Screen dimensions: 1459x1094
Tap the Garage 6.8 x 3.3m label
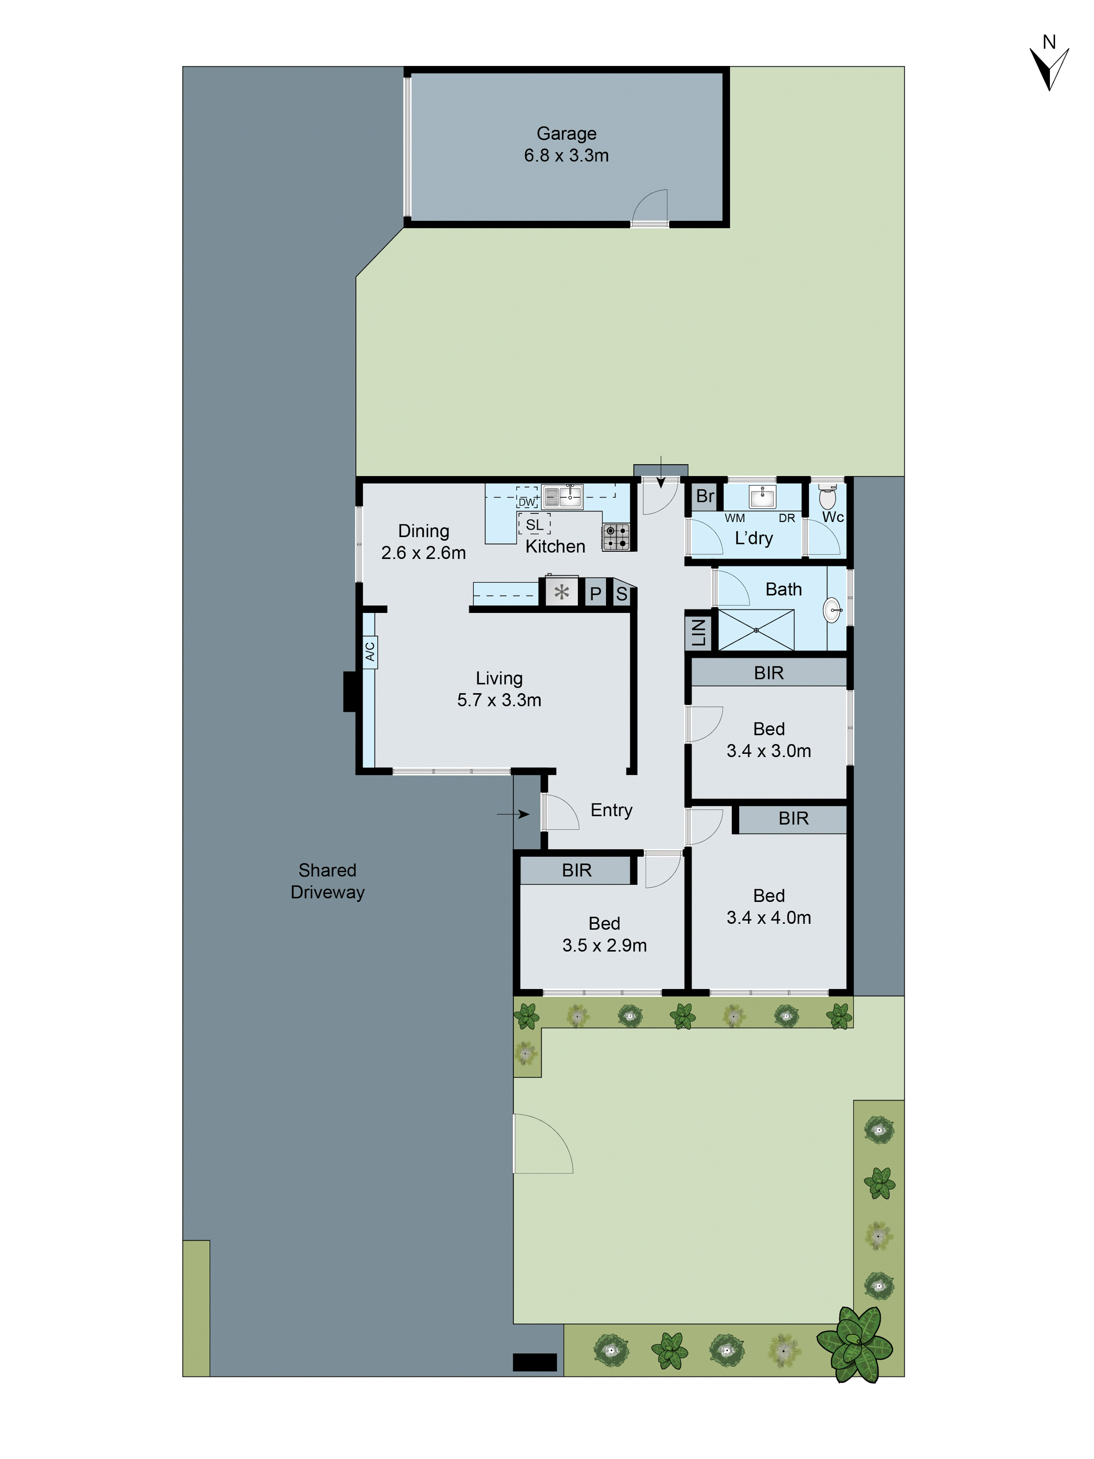[x=566, y=144]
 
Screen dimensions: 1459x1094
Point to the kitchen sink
[x=562, y=496]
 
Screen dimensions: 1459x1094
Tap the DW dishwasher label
[x=526, y=502]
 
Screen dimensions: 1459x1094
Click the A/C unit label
[x=369, y=651]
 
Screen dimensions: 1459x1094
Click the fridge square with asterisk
[x=561, y=592]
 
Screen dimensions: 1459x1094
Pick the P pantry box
[x=595, y=594]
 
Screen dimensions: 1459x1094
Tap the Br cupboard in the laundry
[x=704, y=496]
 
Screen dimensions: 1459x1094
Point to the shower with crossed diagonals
[x=756, y=630]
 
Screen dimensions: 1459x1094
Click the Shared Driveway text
[x=327, y=881]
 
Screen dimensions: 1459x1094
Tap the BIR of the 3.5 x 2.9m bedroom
[x=576, y=871]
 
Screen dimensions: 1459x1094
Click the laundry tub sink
[x=762, y=496]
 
